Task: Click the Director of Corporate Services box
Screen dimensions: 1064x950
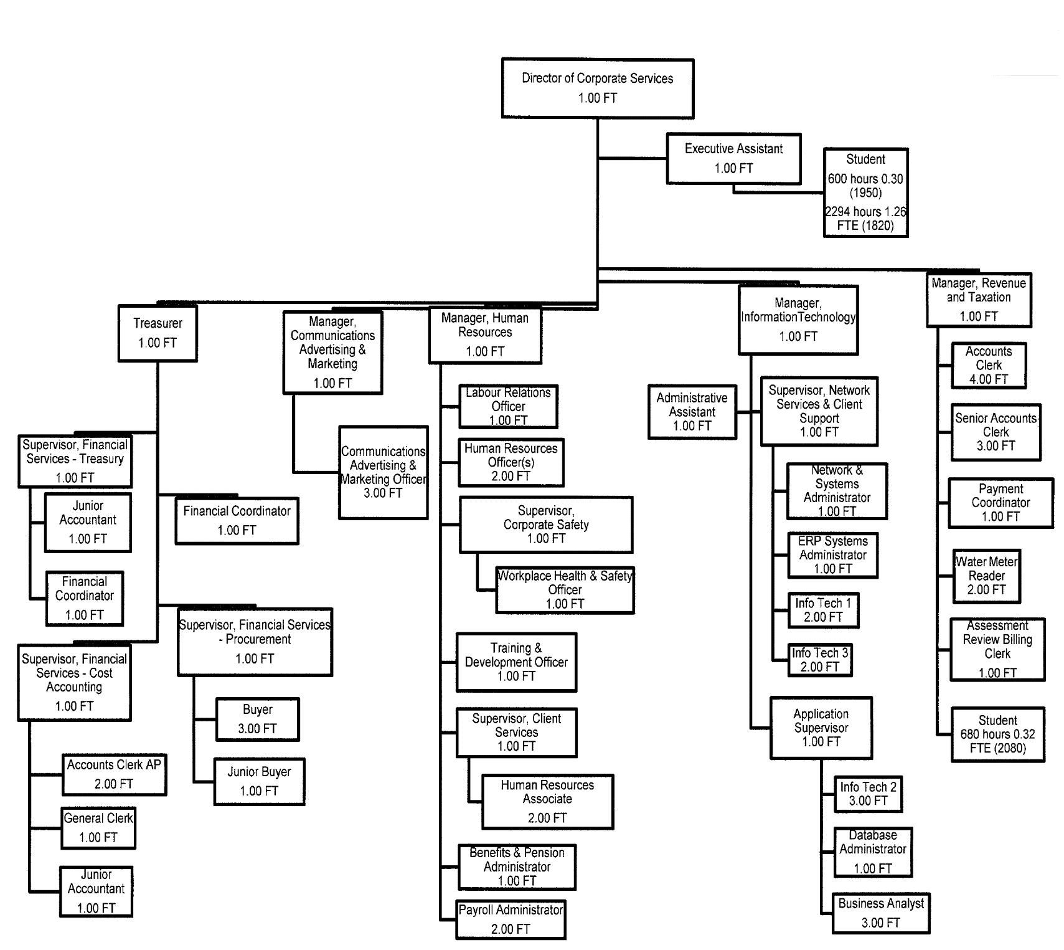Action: tap(597, 88)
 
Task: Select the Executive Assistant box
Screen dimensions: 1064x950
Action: tap(733, 158)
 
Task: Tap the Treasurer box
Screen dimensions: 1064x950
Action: tap(158, 333)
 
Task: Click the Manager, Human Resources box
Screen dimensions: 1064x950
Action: tap(485, 335)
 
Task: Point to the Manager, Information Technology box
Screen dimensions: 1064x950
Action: tap(798, 320)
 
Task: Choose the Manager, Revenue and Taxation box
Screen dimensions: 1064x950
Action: tap(979, 300)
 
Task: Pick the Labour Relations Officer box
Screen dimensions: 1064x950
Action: tap(508, 406)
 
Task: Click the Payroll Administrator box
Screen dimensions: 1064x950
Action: tap(511, 919)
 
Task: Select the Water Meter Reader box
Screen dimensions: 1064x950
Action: tap(986, 576)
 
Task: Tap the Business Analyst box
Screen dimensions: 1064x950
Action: tap(881, 913)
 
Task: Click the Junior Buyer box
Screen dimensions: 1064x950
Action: tap(259, 781)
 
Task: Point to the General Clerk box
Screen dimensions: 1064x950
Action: tap(98, 828)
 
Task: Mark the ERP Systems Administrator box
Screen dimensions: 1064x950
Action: tap(832, 554)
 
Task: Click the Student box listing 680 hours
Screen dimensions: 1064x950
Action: tap(997, 734)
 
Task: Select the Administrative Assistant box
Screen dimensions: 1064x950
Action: tap(692, 412)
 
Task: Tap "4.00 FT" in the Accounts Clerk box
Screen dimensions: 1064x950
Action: tap(988, 379)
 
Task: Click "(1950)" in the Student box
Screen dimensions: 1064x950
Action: tap(865, 192)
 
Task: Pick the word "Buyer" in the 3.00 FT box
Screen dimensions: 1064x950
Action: tap(258, 710)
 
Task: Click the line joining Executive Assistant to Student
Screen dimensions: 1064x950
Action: tap(778, 192)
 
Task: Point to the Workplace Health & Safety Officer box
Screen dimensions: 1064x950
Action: tap(565, 589)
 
